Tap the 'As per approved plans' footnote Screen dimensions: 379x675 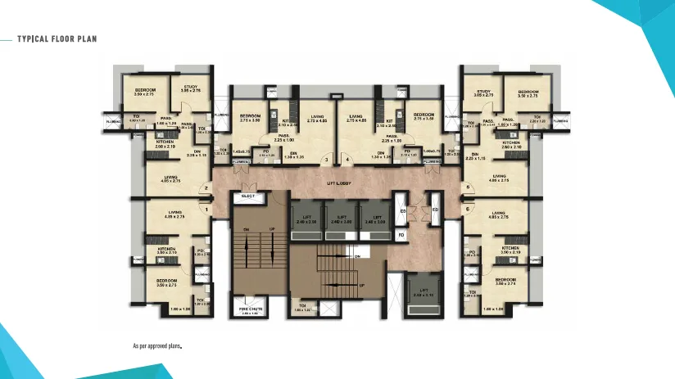[156, 345]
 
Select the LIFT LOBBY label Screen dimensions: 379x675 [338, 184]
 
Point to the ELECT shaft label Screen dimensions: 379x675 [248, 197]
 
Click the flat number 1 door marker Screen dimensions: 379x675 [207, 210]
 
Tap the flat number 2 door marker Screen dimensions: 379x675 [207, 187]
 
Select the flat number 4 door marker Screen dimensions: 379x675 [347, 159]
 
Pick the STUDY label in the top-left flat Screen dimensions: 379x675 [191, 87]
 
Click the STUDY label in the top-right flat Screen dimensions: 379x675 [483, 92]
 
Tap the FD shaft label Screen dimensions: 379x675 [401, 235]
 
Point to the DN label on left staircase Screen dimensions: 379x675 [246, 228]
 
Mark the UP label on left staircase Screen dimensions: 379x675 [273, 228]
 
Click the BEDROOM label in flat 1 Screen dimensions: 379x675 [168, 280]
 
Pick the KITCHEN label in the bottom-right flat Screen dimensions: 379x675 [510, 247]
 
